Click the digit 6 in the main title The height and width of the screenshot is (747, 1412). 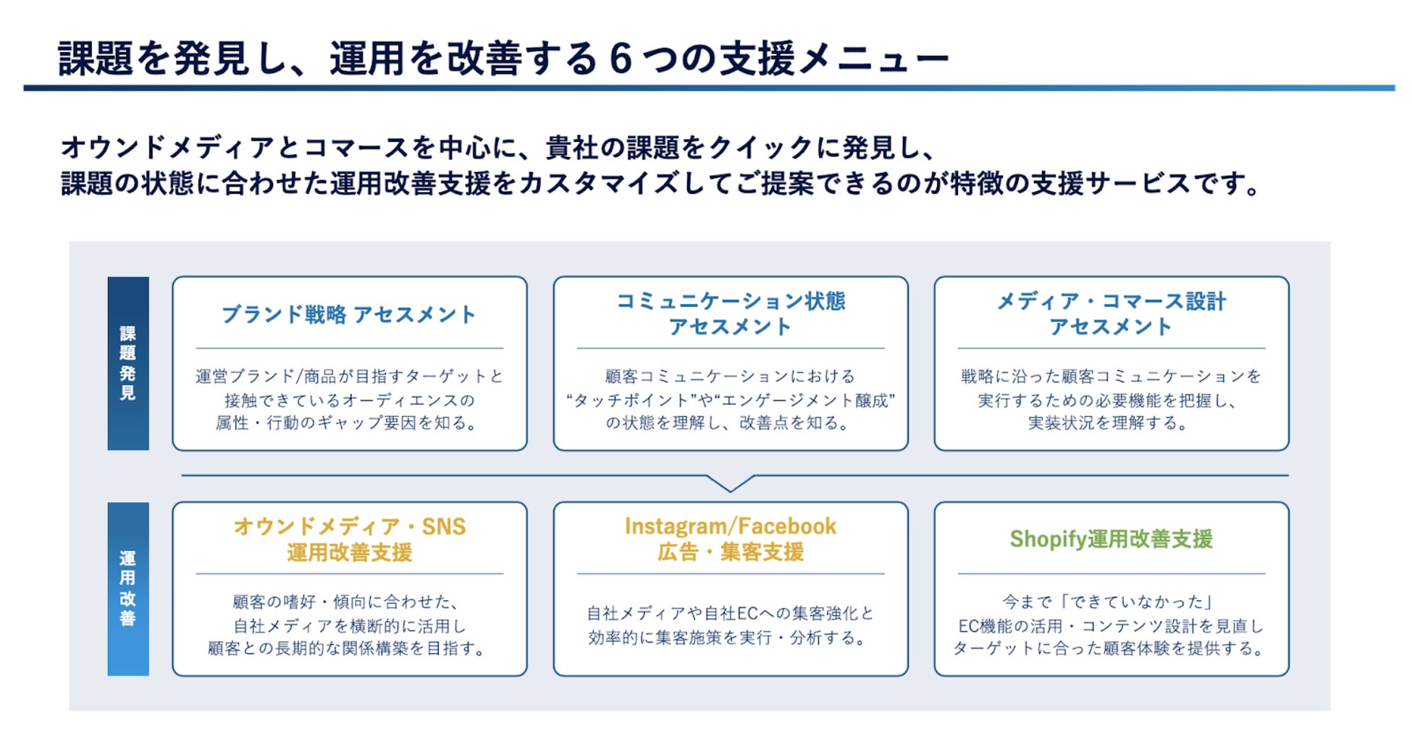pos(621,59)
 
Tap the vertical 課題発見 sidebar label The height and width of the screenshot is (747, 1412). pos(128,363)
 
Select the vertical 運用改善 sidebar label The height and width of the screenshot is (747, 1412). pos(128,588)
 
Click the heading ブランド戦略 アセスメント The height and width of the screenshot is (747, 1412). pos(349,315)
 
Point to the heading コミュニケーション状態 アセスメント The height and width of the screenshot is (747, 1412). pos(730,313)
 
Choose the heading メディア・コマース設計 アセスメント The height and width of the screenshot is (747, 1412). pos(1111,313)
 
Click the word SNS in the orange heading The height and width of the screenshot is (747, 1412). pos(444,527)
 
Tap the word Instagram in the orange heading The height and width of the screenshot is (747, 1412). pos(674,526)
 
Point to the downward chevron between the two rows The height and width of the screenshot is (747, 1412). pos(730,484)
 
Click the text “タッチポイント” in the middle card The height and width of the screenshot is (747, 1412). pos(627,400)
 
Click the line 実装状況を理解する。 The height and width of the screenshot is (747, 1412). pos(1110,423)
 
